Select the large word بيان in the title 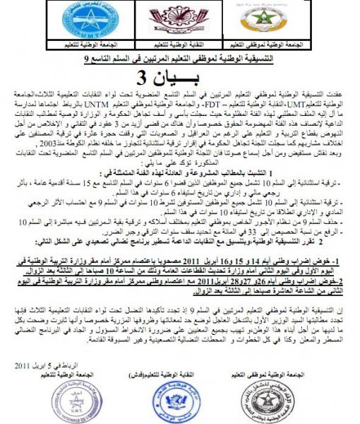tap(205, 78)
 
